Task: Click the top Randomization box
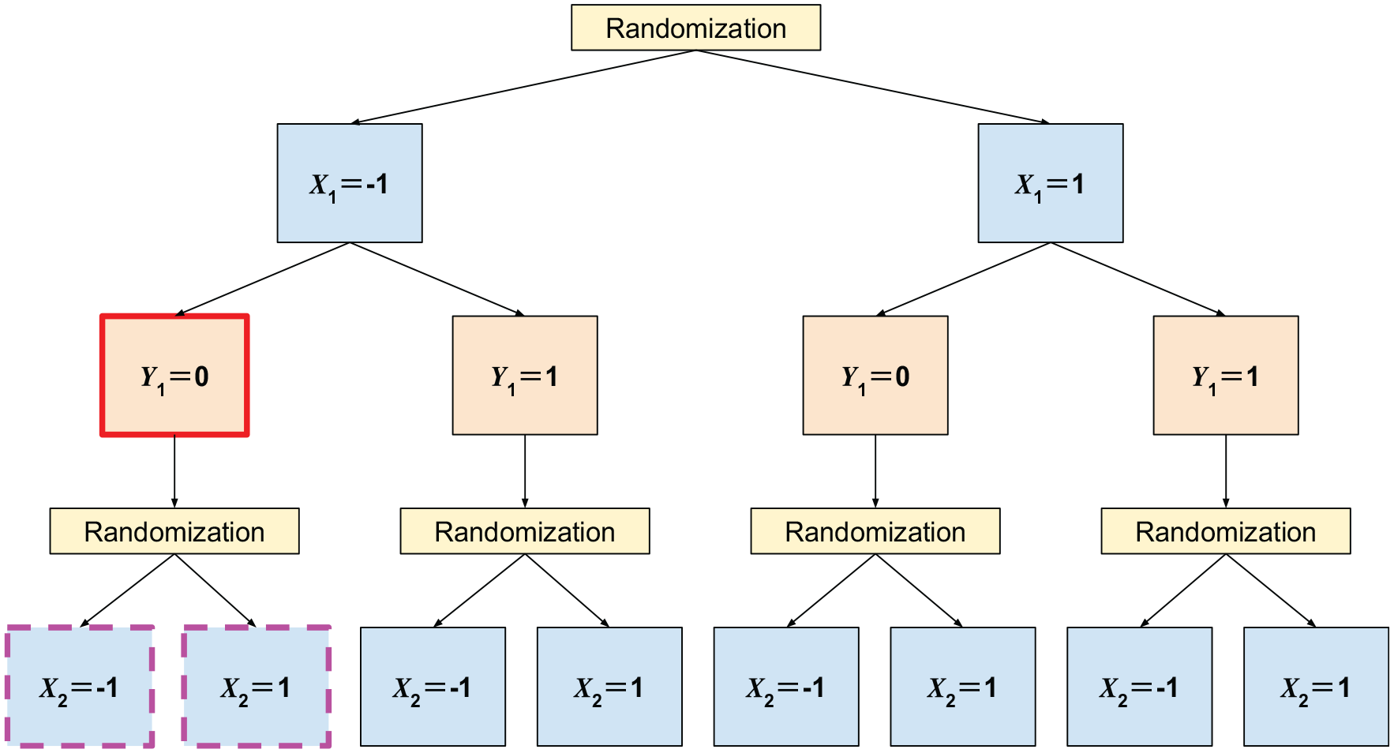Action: [x=695, y=28]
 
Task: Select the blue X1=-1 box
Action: [x=350, y=183]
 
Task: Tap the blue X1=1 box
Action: [x=1051, y=183]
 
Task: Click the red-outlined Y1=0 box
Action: [x=174, y=376]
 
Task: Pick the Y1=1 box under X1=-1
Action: [x=525, y=376]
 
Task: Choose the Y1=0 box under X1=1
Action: [x=875, y=376]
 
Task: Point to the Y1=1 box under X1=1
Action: [x=1226, y=376]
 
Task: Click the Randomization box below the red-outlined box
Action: [x=174, y=531]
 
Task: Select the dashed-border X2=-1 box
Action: [x=80, y=687]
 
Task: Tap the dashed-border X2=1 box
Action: [x=257, y=687]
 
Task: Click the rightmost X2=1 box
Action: [x=1316, y=687]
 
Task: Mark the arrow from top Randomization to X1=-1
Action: [x=523, y=87]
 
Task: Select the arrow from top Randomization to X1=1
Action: [x=873, y=87]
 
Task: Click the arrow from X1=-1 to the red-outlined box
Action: [x=262, y=279]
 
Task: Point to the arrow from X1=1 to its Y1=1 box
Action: [x=1138, y=279]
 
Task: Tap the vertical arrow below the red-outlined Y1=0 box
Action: [x=174, y=472]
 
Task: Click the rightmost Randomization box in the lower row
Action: [x=1226, y=531]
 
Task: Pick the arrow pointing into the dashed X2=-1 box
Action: [x=127, y=590]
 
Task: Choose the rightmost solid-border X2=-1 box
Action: [x=1139, y=687]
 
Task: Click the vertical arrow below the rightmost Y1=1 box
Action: [x=1226, y=472]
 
